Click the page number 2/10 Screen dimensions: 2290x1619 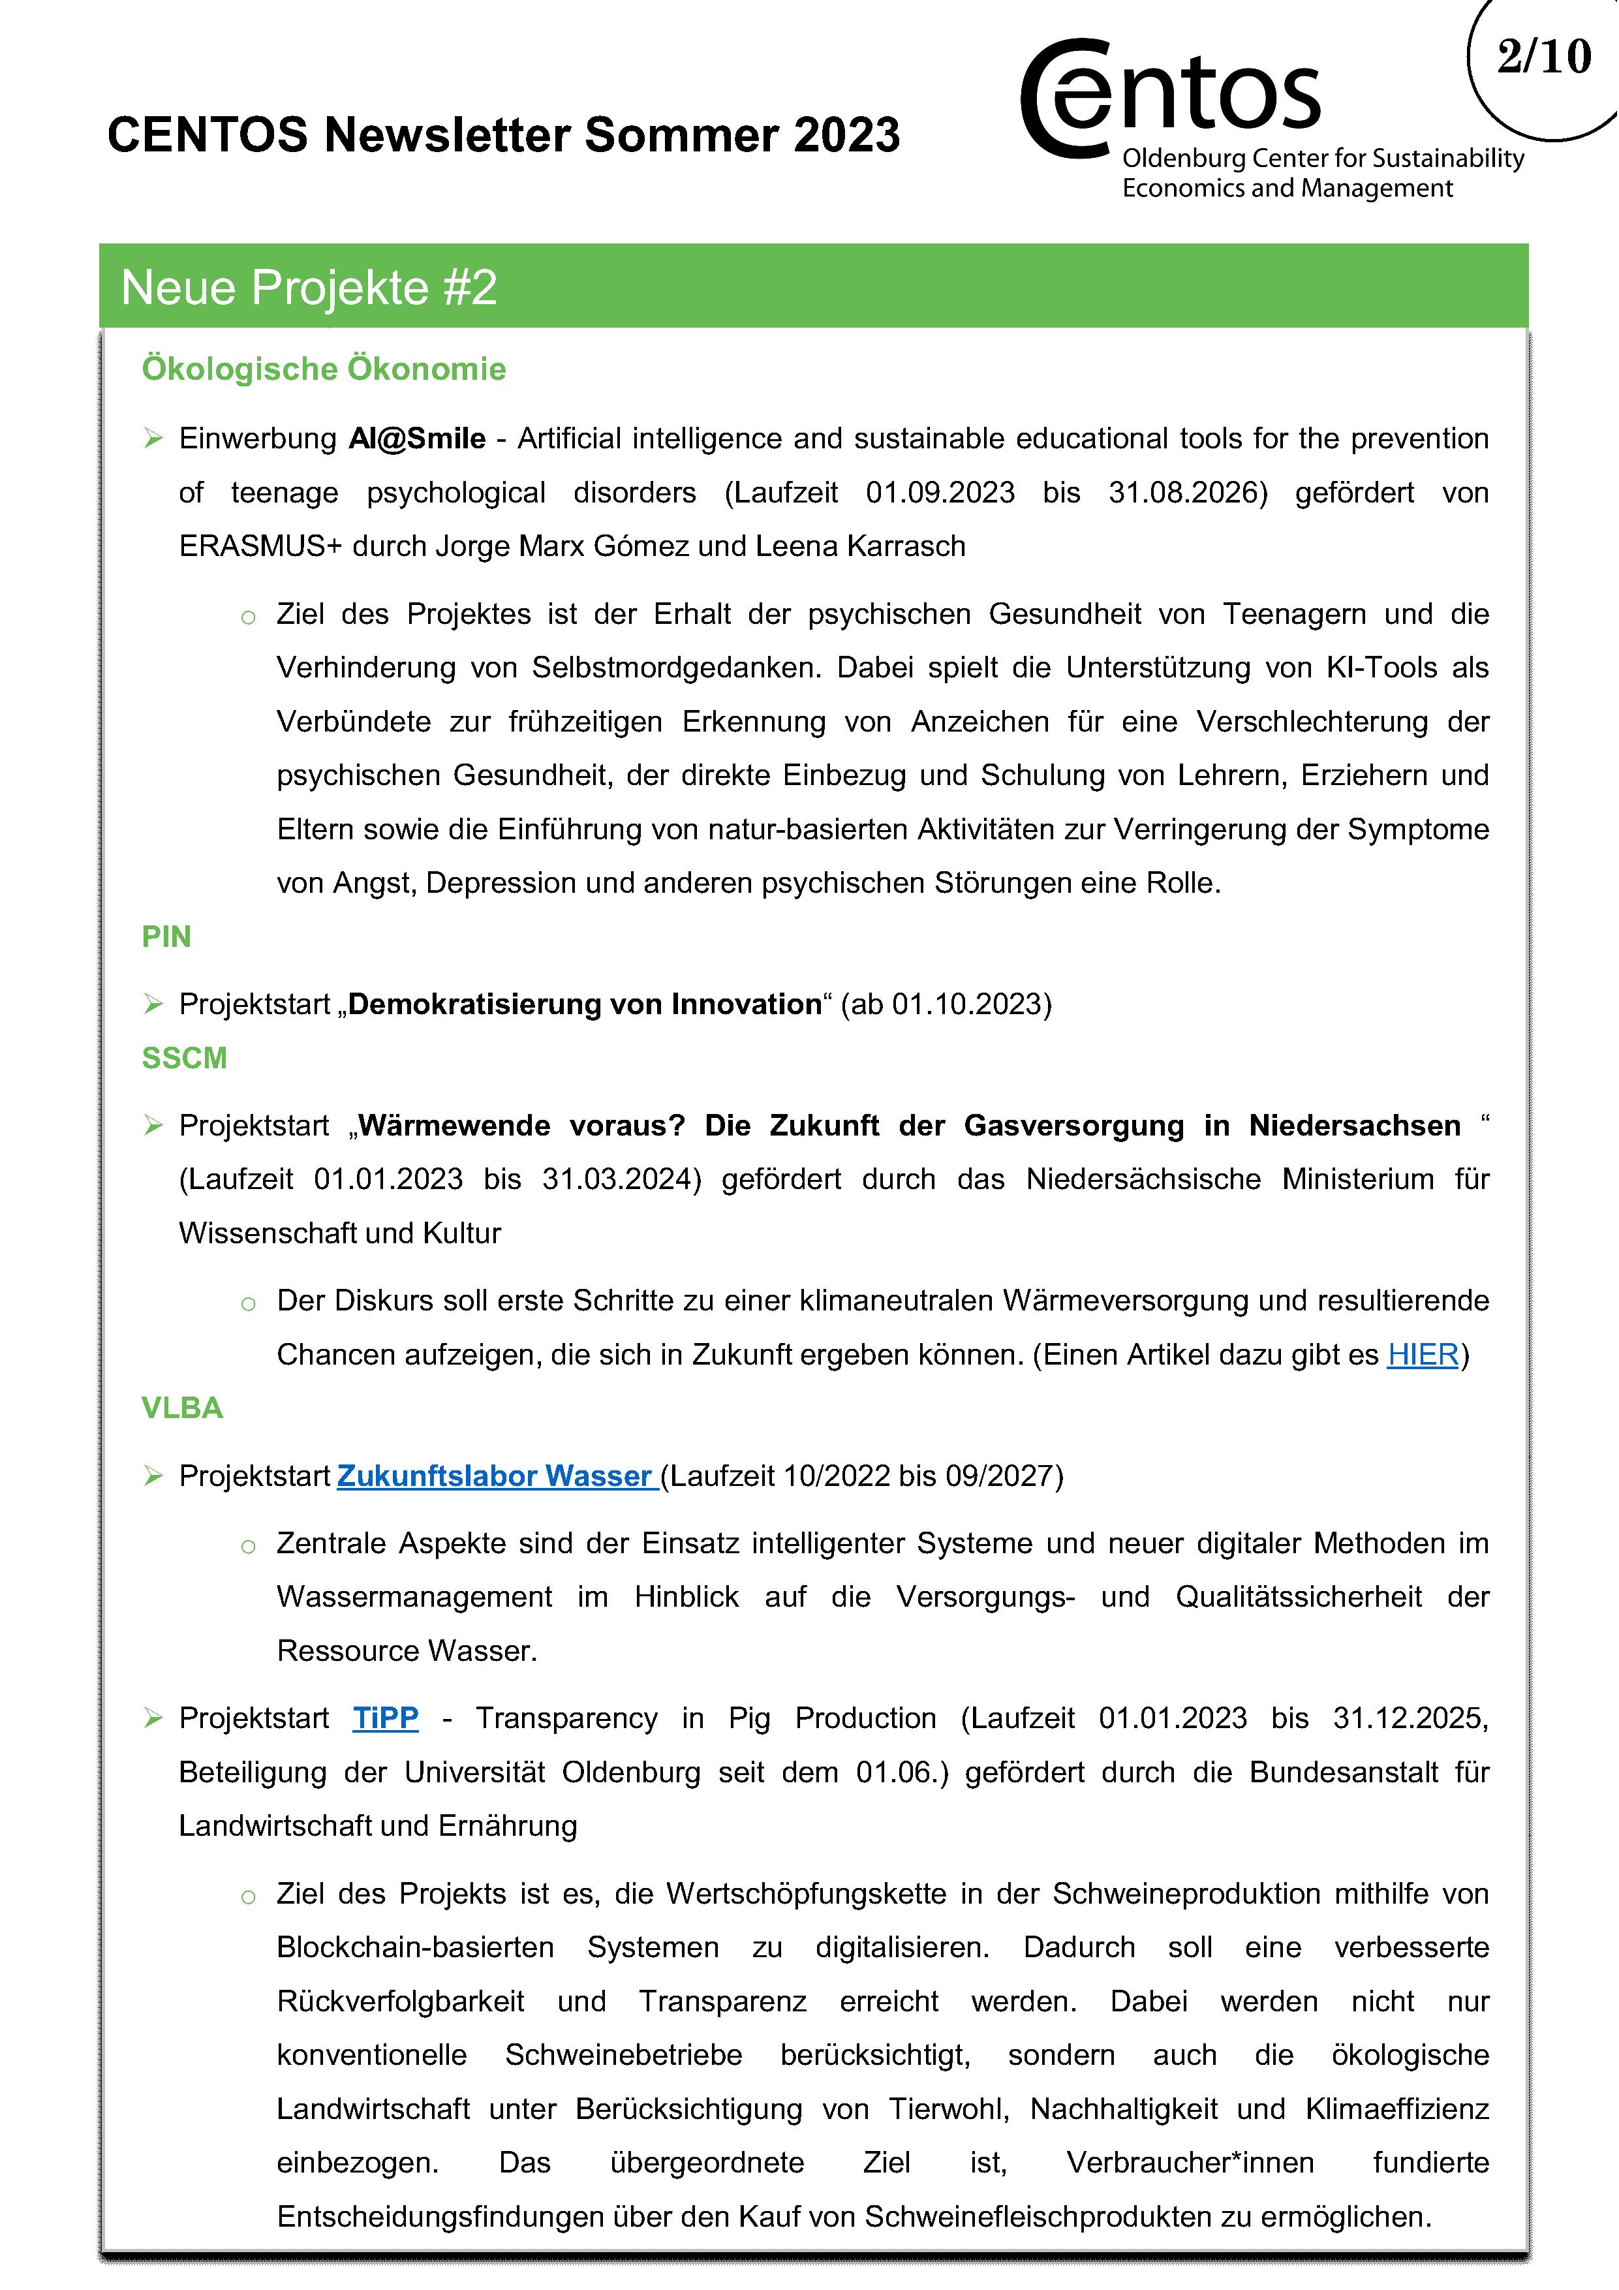coord(1543,57)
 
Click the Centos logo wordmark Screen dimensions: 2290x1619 coord(1172,98)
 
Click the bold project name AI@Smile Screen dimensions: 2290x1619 coord(417,439)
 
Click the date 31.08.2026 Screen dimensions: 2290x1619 coord(1187,493)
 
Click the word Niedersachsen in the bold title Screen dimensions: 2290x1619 coord(1355,1125)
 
